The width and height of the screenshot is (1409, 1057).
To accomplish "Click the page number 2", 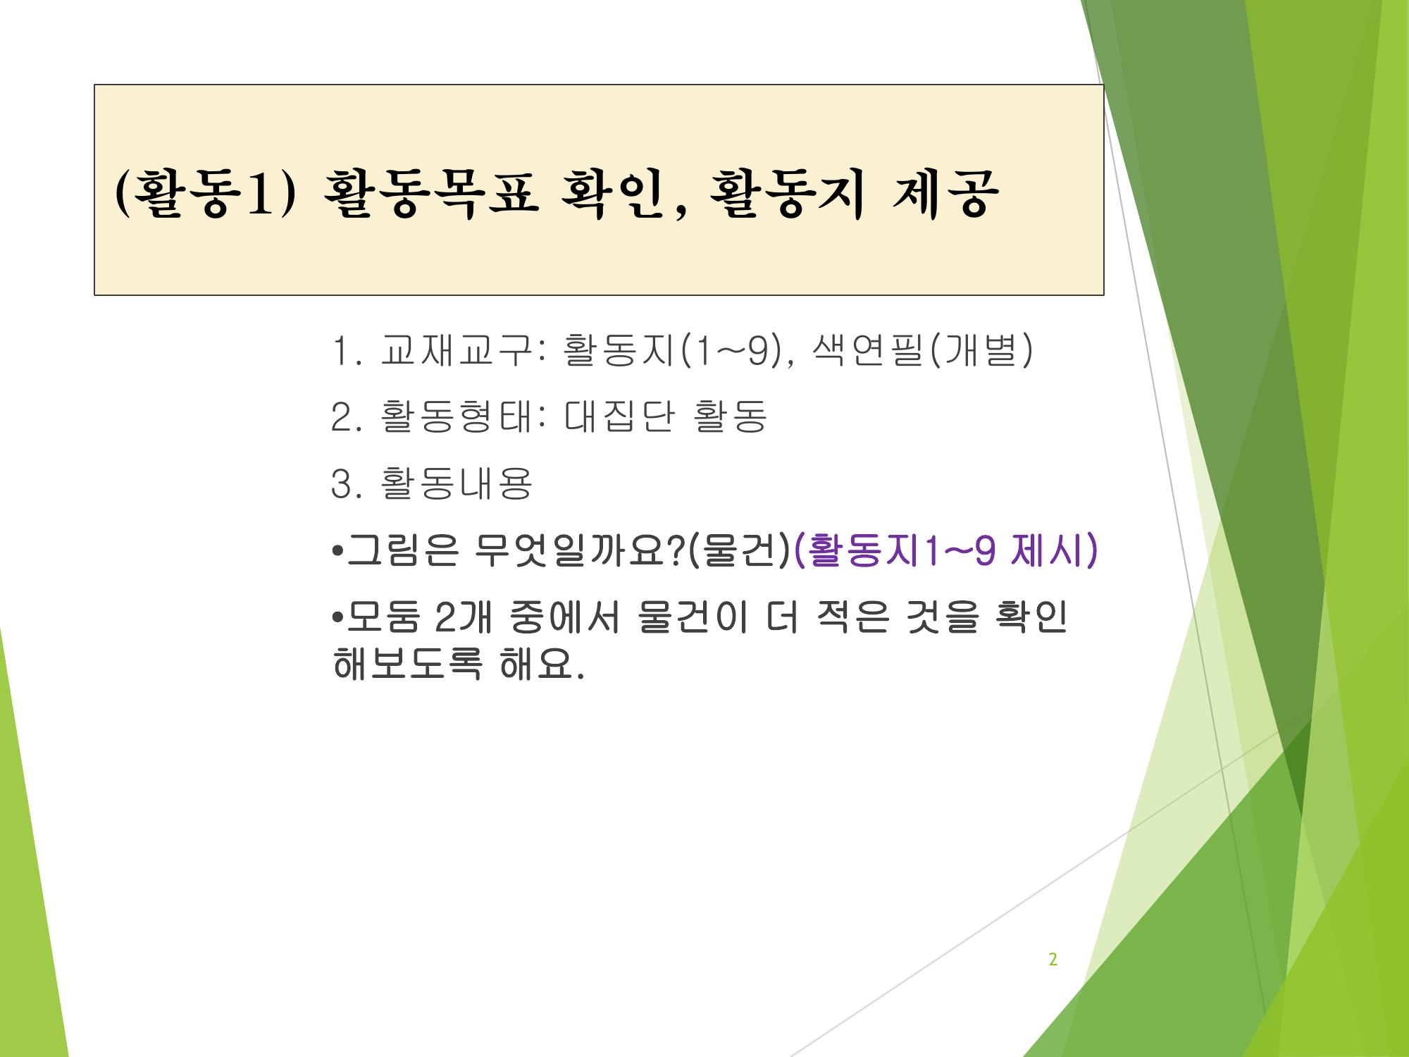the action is click(1053, 959).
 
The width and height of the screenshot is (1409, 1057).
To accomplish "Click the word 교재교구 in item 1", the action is click(455, 351).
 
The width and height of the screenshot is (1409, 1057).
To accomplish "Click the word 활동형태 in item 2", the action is click(455, 416).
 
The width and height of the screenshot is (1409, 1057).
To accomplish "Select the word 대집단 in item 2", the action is click(619, 416).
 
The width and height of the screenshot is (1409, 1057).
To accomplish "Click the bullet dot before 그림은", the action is click(337, 550).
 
